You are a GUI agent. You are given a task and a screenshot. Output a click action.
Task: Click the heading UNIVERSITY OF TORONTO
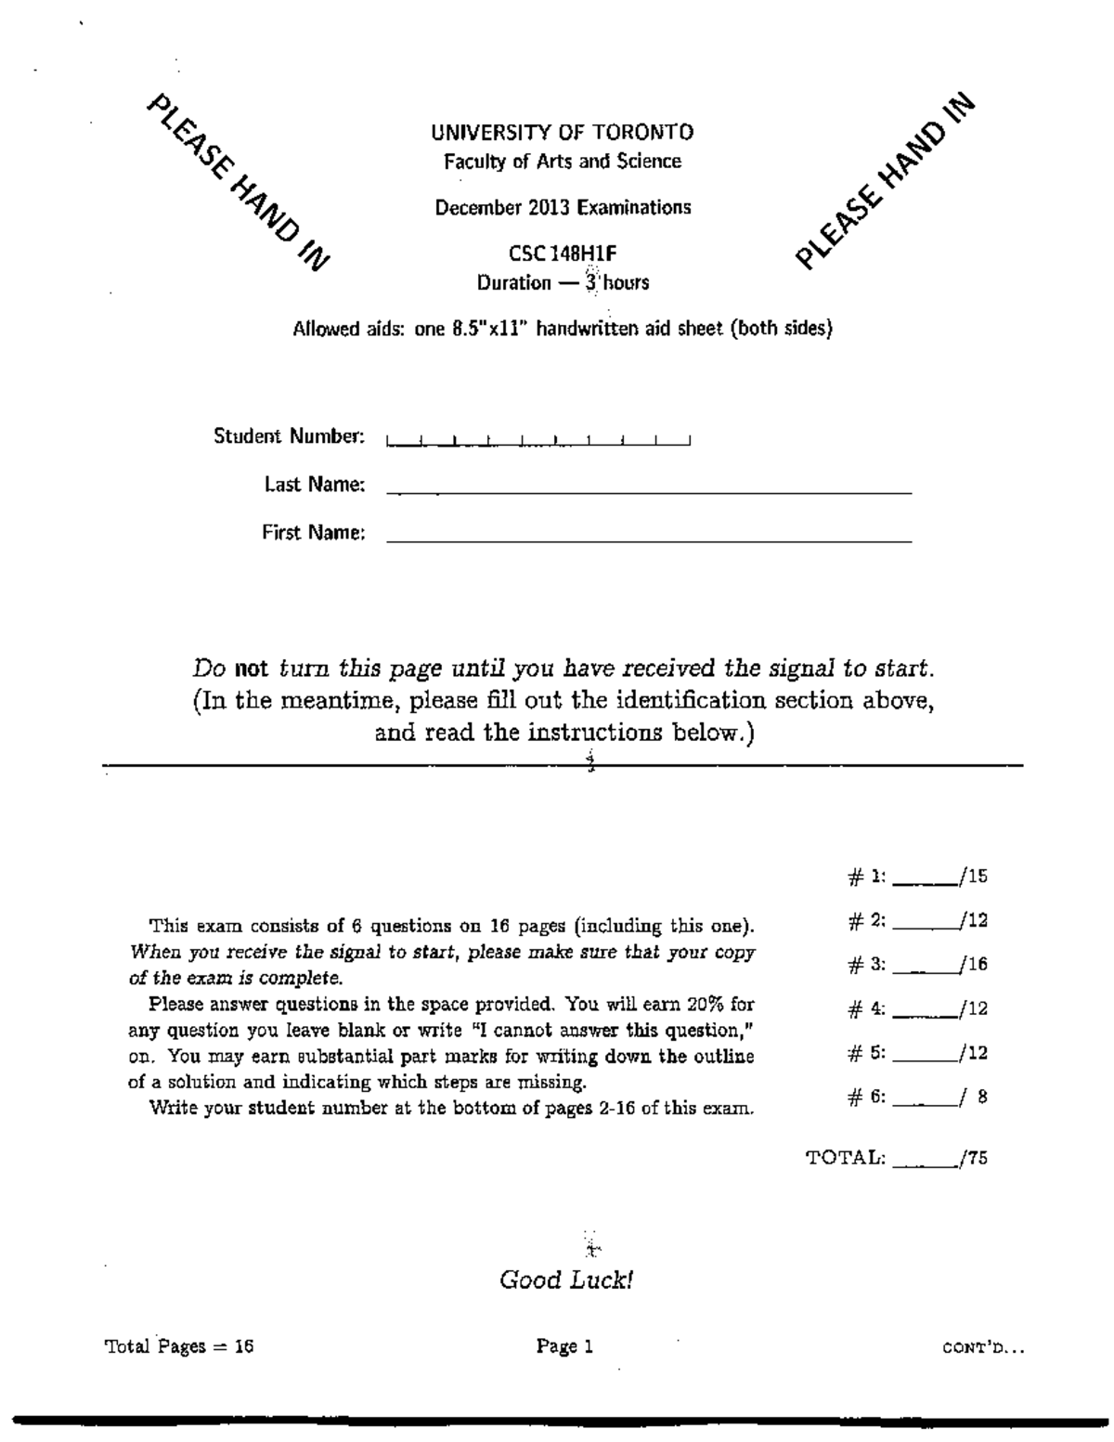562,133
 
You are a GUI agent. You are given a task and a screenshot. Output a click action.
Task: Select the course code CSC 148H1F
563,253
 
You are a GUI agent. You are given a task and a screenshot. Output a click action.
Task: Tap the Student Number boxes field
538,439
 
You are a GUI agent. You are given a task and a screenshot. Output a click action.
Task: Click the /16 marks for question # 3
975,965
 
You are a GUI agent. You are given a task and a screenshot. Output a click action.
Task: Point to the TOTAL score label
846,1158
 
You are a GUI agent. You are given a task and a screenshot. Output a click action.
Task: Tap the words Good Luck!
566,1280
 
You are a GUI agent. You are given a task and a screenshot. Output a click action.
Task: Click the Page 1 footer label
564,1346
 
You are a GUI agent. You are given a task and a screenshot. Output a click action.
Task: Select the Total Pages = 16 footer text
179,1346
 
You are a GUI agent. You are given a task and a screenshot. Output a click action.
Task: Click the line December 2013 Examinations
563,207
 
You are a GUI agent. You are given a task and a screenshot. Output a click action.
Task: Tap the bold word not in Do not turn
251,668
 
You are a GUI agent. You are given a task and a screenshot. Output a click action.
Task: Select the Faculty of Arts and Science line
563,162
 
